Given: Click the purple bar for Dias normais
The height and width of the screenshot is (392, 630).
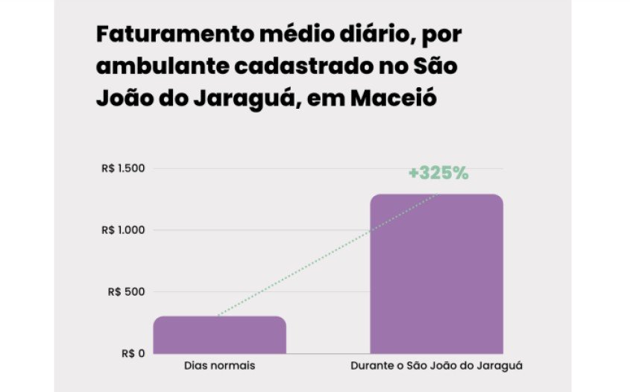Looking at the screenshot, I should (x=220, y=335).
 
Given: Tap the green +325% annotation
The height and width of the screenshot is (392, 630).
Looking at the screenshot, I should (x=438, y=173).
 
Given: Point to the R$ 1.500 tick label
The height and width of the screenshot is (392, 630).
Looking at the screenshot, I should (x=123, y=168).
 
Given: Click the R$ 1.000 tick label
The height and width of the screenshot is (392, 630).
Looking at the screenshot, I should (x=123, y=230).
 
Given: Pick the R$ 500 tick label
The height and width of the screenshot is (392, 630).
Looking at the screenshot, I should (x=127, y=292).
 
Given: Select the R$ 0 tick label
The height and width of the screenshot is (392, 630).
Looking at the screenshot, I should (x=133, y=354).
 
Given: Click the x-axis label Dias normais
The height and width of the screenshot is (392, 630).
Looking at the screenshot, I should (x=220, y=367).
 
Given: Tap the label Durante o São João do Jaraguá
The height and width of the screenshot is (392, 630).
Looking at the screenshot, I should (x=436, y=367).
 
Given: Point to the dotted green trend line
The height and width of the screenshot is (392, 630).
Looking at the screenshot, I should (x=328, y=256).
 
